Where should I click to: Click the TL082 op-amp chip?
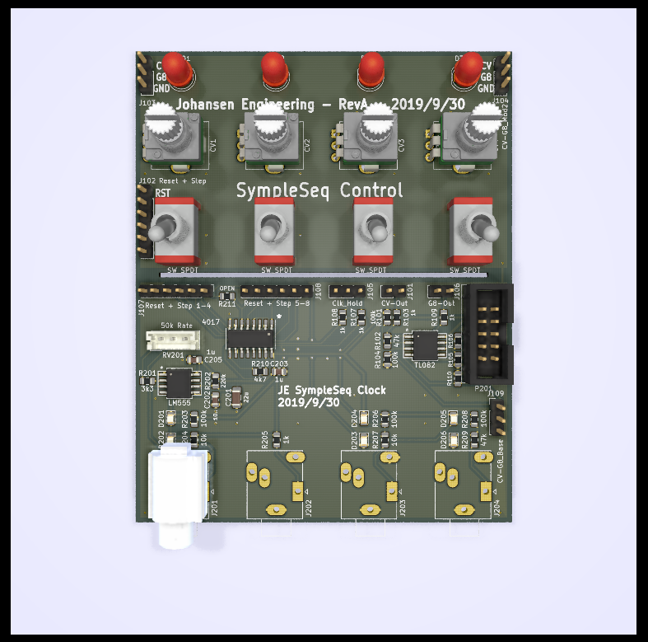[426, 346]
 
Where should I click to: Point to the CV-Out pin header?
[395, 291]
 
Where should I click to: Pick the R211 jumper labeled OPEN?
[227, 294]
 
